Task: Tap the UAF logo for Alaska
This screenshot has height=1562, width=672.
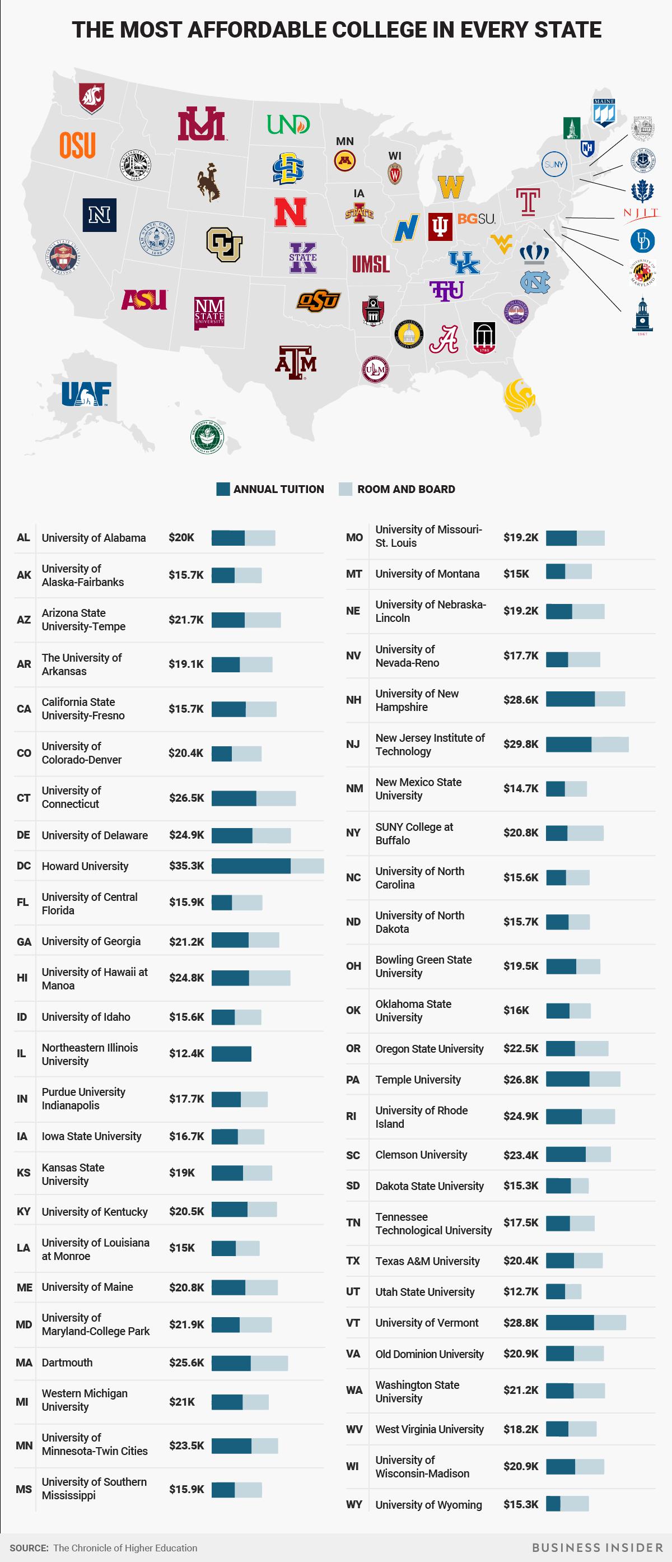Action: click(86, 394)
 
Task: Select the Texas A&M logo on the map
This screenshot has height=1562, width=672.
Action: click(296, 362)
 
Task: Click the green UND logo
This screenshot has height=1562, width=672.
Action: click(288, 124)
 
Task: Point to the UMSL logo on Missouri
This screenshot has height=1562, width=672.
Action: click(371, 264)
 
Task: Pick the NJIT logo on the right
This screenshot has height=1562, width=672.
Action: click(641, 213)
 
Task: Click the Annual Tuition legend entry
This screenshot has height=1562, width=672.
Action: click(270, 489)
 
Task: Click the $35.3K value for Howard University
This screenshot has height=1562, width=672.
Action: click(186, 865)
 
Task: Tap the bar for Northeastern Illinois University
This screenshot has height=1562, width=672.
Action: click(231, 1053)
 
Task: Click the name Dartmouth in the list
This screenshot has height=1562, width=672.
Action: click(67, 1363)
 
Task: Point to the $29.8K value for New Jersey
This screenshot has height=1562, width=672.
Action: click(520, 744)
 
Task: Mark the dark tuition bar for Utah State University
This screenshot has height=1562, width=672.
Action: click(555, 1291)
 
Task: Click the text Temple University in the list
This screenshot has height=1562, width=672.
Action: click(418, 1079)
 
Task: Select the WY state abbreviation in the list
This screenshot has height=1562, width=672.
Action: click(353, 1504)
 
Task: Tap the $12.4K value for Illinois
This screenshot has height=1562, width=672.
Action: click(186, 1053)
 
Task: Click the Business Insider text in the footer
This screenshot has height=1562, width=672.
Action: click(598, 1547)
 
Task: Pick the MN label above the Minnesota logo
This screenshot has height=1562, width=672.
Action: click(345, 141)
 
